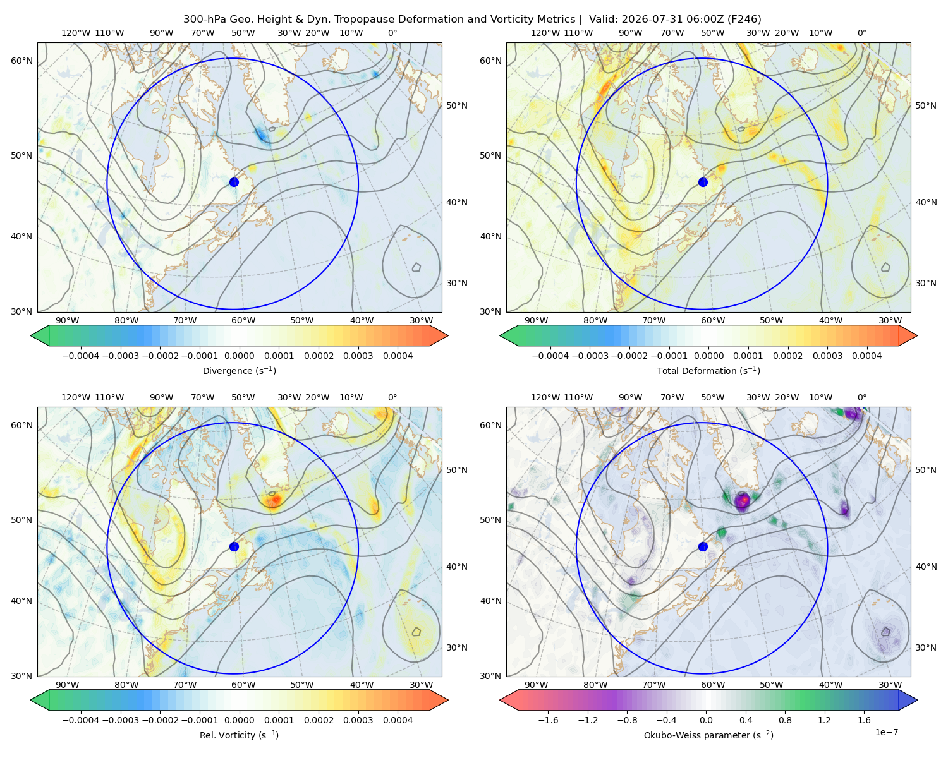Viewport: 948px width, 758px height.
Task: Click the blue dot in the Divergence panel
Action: click(234, 182)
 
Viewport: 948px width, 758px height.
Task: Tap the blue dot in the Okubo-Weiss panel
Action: click(703, 546)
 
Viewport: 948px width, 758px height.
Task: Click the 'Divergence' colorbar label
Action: click(221, 370)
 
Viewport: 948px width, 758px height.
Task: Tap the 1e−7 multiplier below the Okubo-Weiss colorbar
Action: click(886, 732)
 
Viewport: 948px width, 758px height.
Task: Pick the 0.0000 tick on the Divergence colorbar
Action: click(239, 356)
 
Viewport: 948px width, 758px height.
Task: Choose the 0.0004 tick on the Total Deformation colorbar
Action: click(866, 356)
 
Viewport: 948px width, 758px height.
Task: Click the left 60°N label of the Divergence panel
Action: click(21, 61)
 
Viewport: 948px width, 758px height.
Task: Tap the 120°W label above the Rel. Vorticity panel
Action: click(76, 397)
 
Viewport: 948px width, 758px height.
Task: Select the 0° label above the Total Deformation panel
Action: click(861, 33)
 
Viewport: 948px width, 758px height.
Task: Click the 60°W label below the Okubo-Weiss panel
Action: click(712, 685)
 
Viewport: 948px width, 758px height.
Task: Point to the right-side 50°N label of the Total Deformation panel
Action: click(925, 105)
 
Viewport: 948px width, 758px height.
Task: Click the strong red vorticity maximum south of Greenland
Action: click(274, 500)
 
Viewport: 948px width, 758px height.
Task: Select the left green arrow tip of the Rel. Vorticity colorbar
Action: click(31, 700)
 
